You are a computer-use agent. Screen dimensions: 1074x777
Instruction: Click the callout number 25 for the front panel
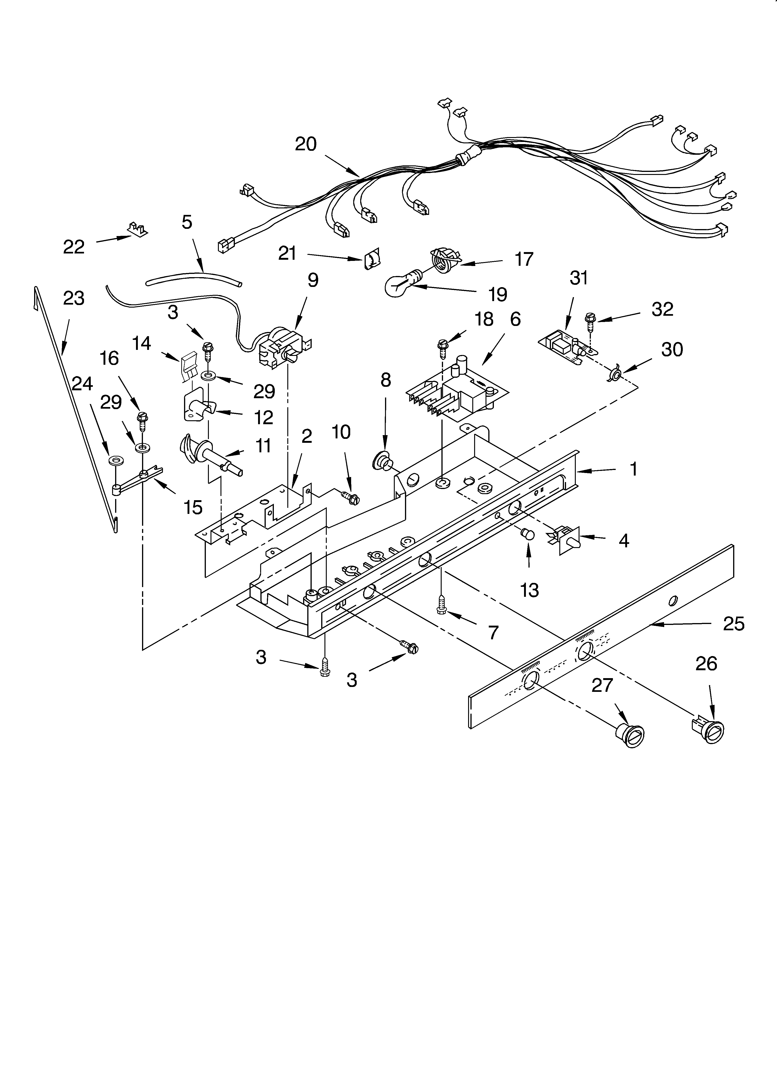(x=733, y=624)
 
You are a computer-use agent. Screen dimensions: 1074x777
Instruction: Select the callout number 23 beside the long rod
(x=73, y=298)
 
